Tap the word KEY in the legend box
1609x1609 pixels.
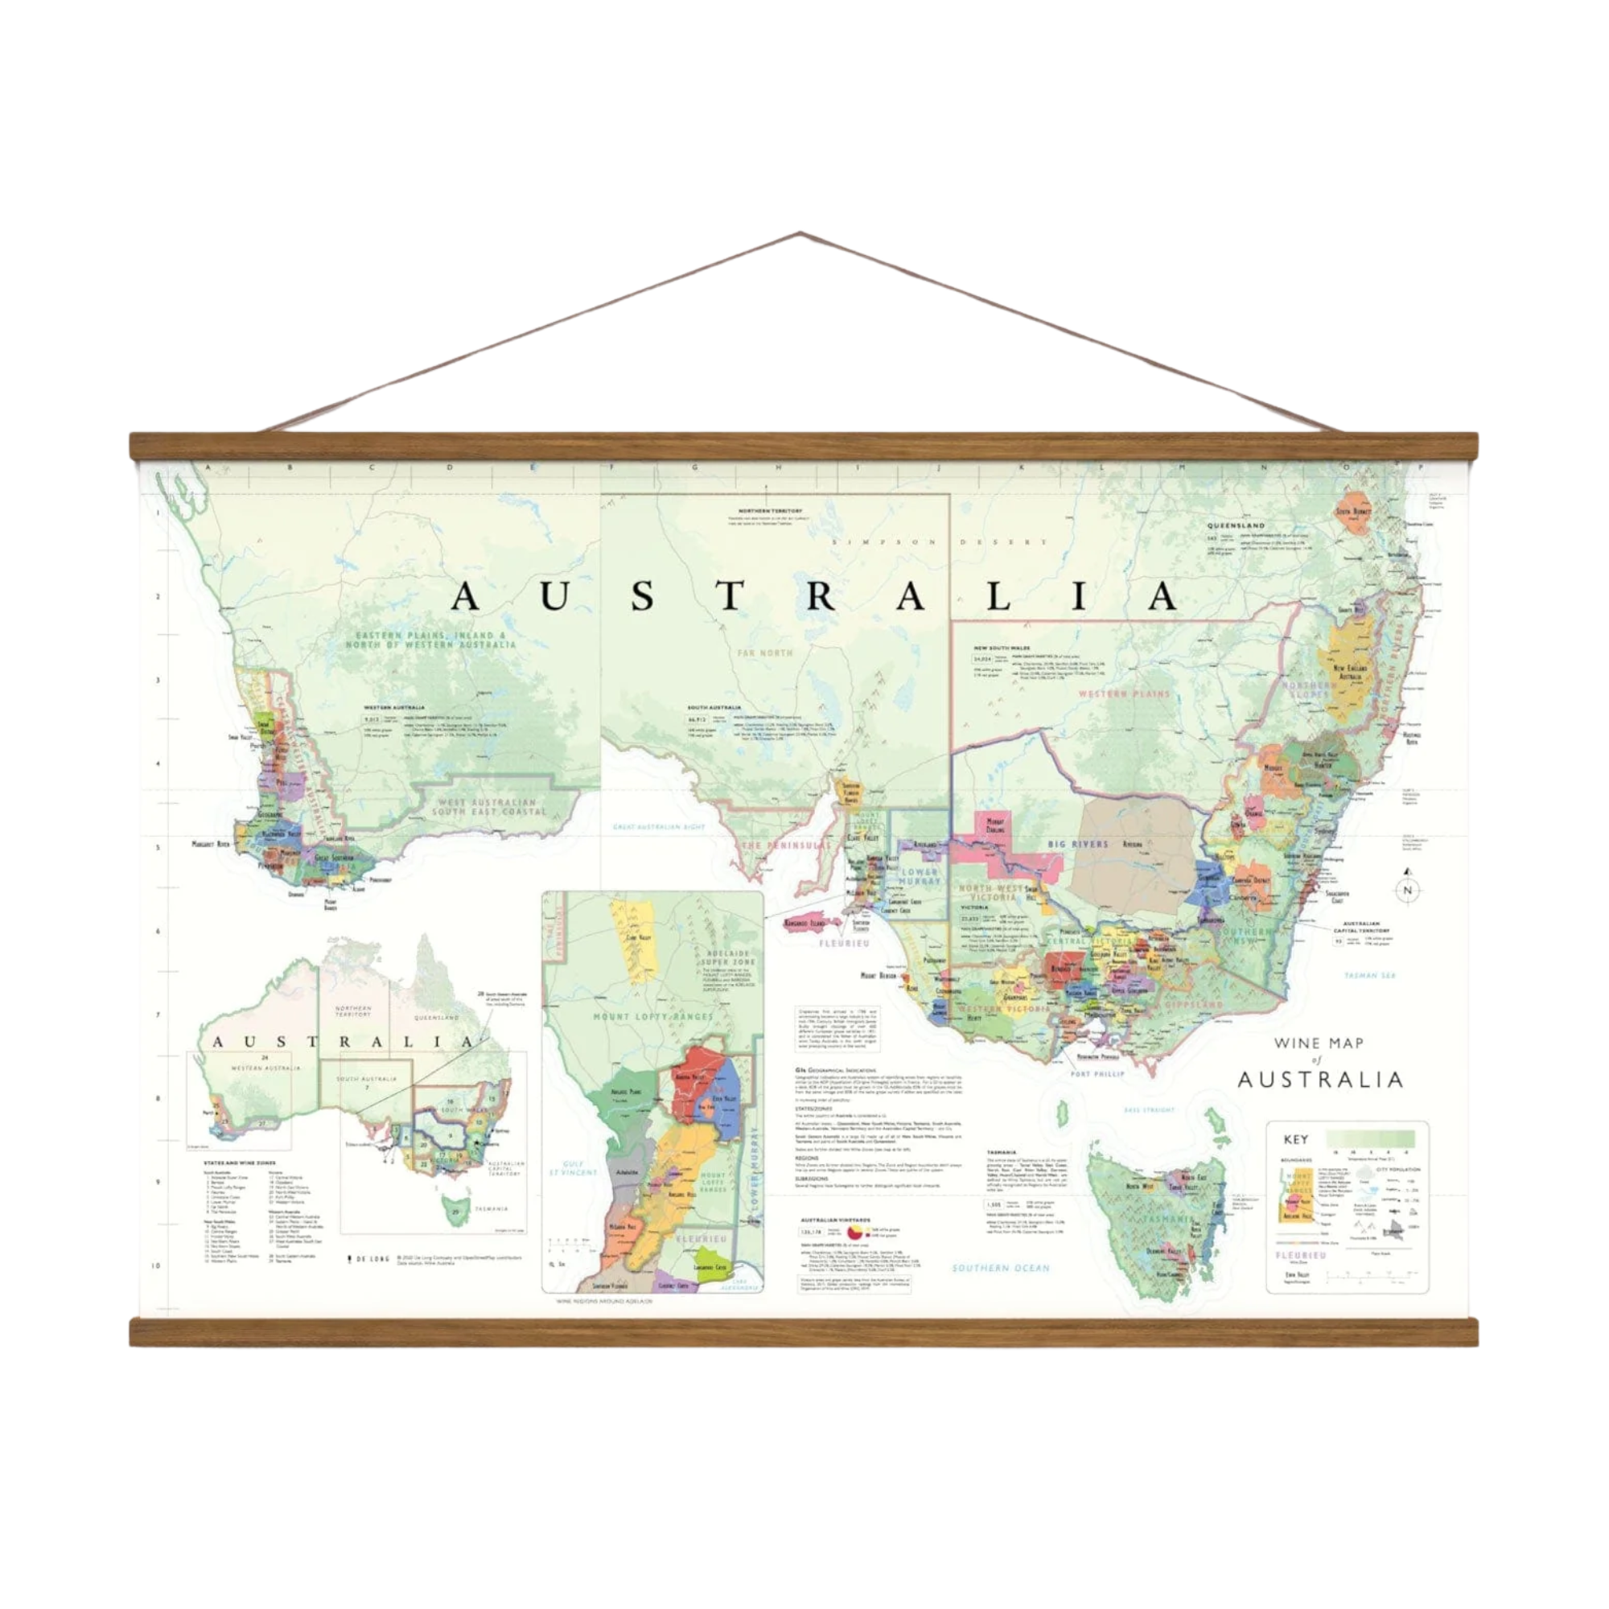click(1297, 1139)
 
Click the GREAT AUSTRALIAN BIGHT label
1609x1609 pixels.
click(659, 827)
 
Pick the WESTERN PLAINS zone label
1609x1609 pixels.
click(1125, 693)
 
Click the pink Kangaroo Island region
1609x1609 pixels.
click(805, 923)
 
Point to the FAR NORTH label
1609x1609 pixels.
click(763, 652)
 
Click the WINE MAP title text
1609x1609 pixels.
click(1319, 1042)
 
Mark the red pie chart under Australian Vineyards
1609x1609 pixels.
click(854, 1231)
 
